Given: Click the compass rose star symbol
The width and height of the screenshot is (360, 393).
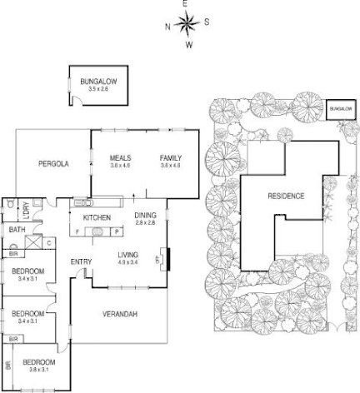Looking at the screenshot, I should coord(187,24).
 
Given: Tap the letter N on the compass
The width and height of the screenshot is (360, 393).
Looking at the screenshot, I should coord(167,26).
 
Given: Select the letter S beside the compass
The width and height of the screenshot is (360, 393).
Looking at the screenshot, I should coord(207,23).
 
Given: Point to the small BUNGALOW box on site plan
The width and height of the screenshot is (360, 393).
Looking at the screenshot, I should coord(338,108).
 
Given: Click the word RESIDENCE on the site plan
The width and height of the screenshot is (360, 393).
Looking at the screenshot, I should coord(286,196).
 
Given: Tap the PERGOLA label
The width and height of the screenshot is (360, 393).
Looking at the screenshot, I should coord(52,164).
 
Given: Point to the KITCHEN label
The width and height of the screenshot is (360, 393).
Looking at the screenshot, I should coord(97,217).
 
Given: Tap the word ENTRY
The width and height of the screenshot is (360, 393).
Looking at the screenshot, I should coord(81,262).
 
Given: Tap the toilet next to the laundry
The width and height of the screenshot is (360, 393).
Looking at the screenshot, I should coord(8,202).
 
